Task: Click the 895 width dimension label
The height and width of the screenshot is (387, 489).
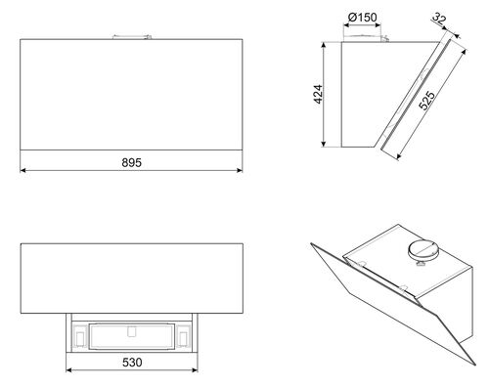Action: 132,162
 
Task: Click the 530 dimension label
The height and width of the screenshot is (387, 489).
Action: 132,363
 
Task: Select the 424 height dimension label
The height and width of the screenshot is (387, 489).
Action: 318,94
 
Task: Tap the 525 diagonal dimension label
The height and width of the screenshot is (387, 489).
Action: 426,101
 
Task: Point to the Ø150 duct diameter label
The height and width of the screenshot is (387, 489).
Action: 362,17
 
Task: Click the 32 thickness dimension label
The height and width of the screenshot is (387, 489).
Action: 439,19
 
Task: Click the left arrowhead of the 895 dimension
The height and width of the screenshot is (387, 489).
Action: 22,170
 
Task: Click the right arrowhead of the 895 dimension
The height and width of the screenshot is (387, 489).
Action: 240,170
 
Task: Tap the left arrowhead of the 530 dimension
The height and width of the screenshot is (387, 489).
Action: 68,369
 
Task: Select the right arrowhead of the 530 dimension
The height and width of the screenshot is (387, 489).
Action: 195,369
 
